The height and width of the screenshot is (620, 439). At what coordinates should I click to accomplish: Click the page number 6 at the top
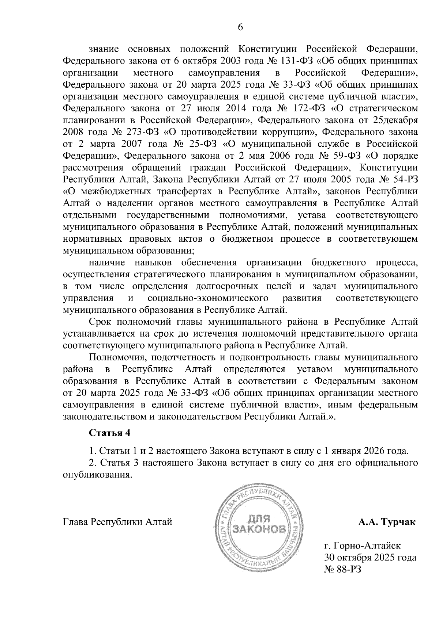coord(241,28)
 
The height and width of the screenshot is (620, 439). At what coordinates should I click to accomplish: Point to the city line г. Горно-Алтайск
coord(362,546)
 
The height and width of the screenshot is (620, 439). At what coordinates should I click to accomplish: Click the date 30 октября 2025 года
coord(370,558)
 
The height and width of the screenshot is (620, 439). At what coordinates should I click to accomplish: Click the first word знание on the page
coord(104,49)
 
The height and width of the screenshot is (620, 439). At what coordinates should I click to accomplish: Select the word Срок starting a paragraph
coord(100,322)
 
